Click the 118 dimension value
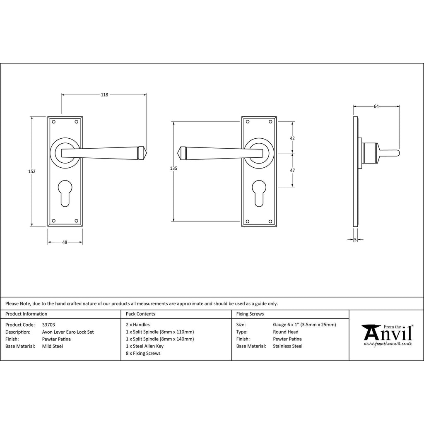[x=104, y=95]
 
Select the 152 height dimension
[x=32, y=171]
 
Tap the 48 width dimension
[x=65, y=242]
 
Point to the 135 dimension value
[x=173, y=168]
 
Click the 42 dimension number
[x=292, y=138]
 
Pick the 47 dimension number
[x=292, y=170]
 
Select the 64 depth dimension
[x=376, y=106]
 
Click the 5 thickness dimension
[x=355, y=239]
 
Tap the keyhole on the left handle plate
[x=65, y=193]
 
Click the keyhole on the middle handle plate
[x=259, y=193]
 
